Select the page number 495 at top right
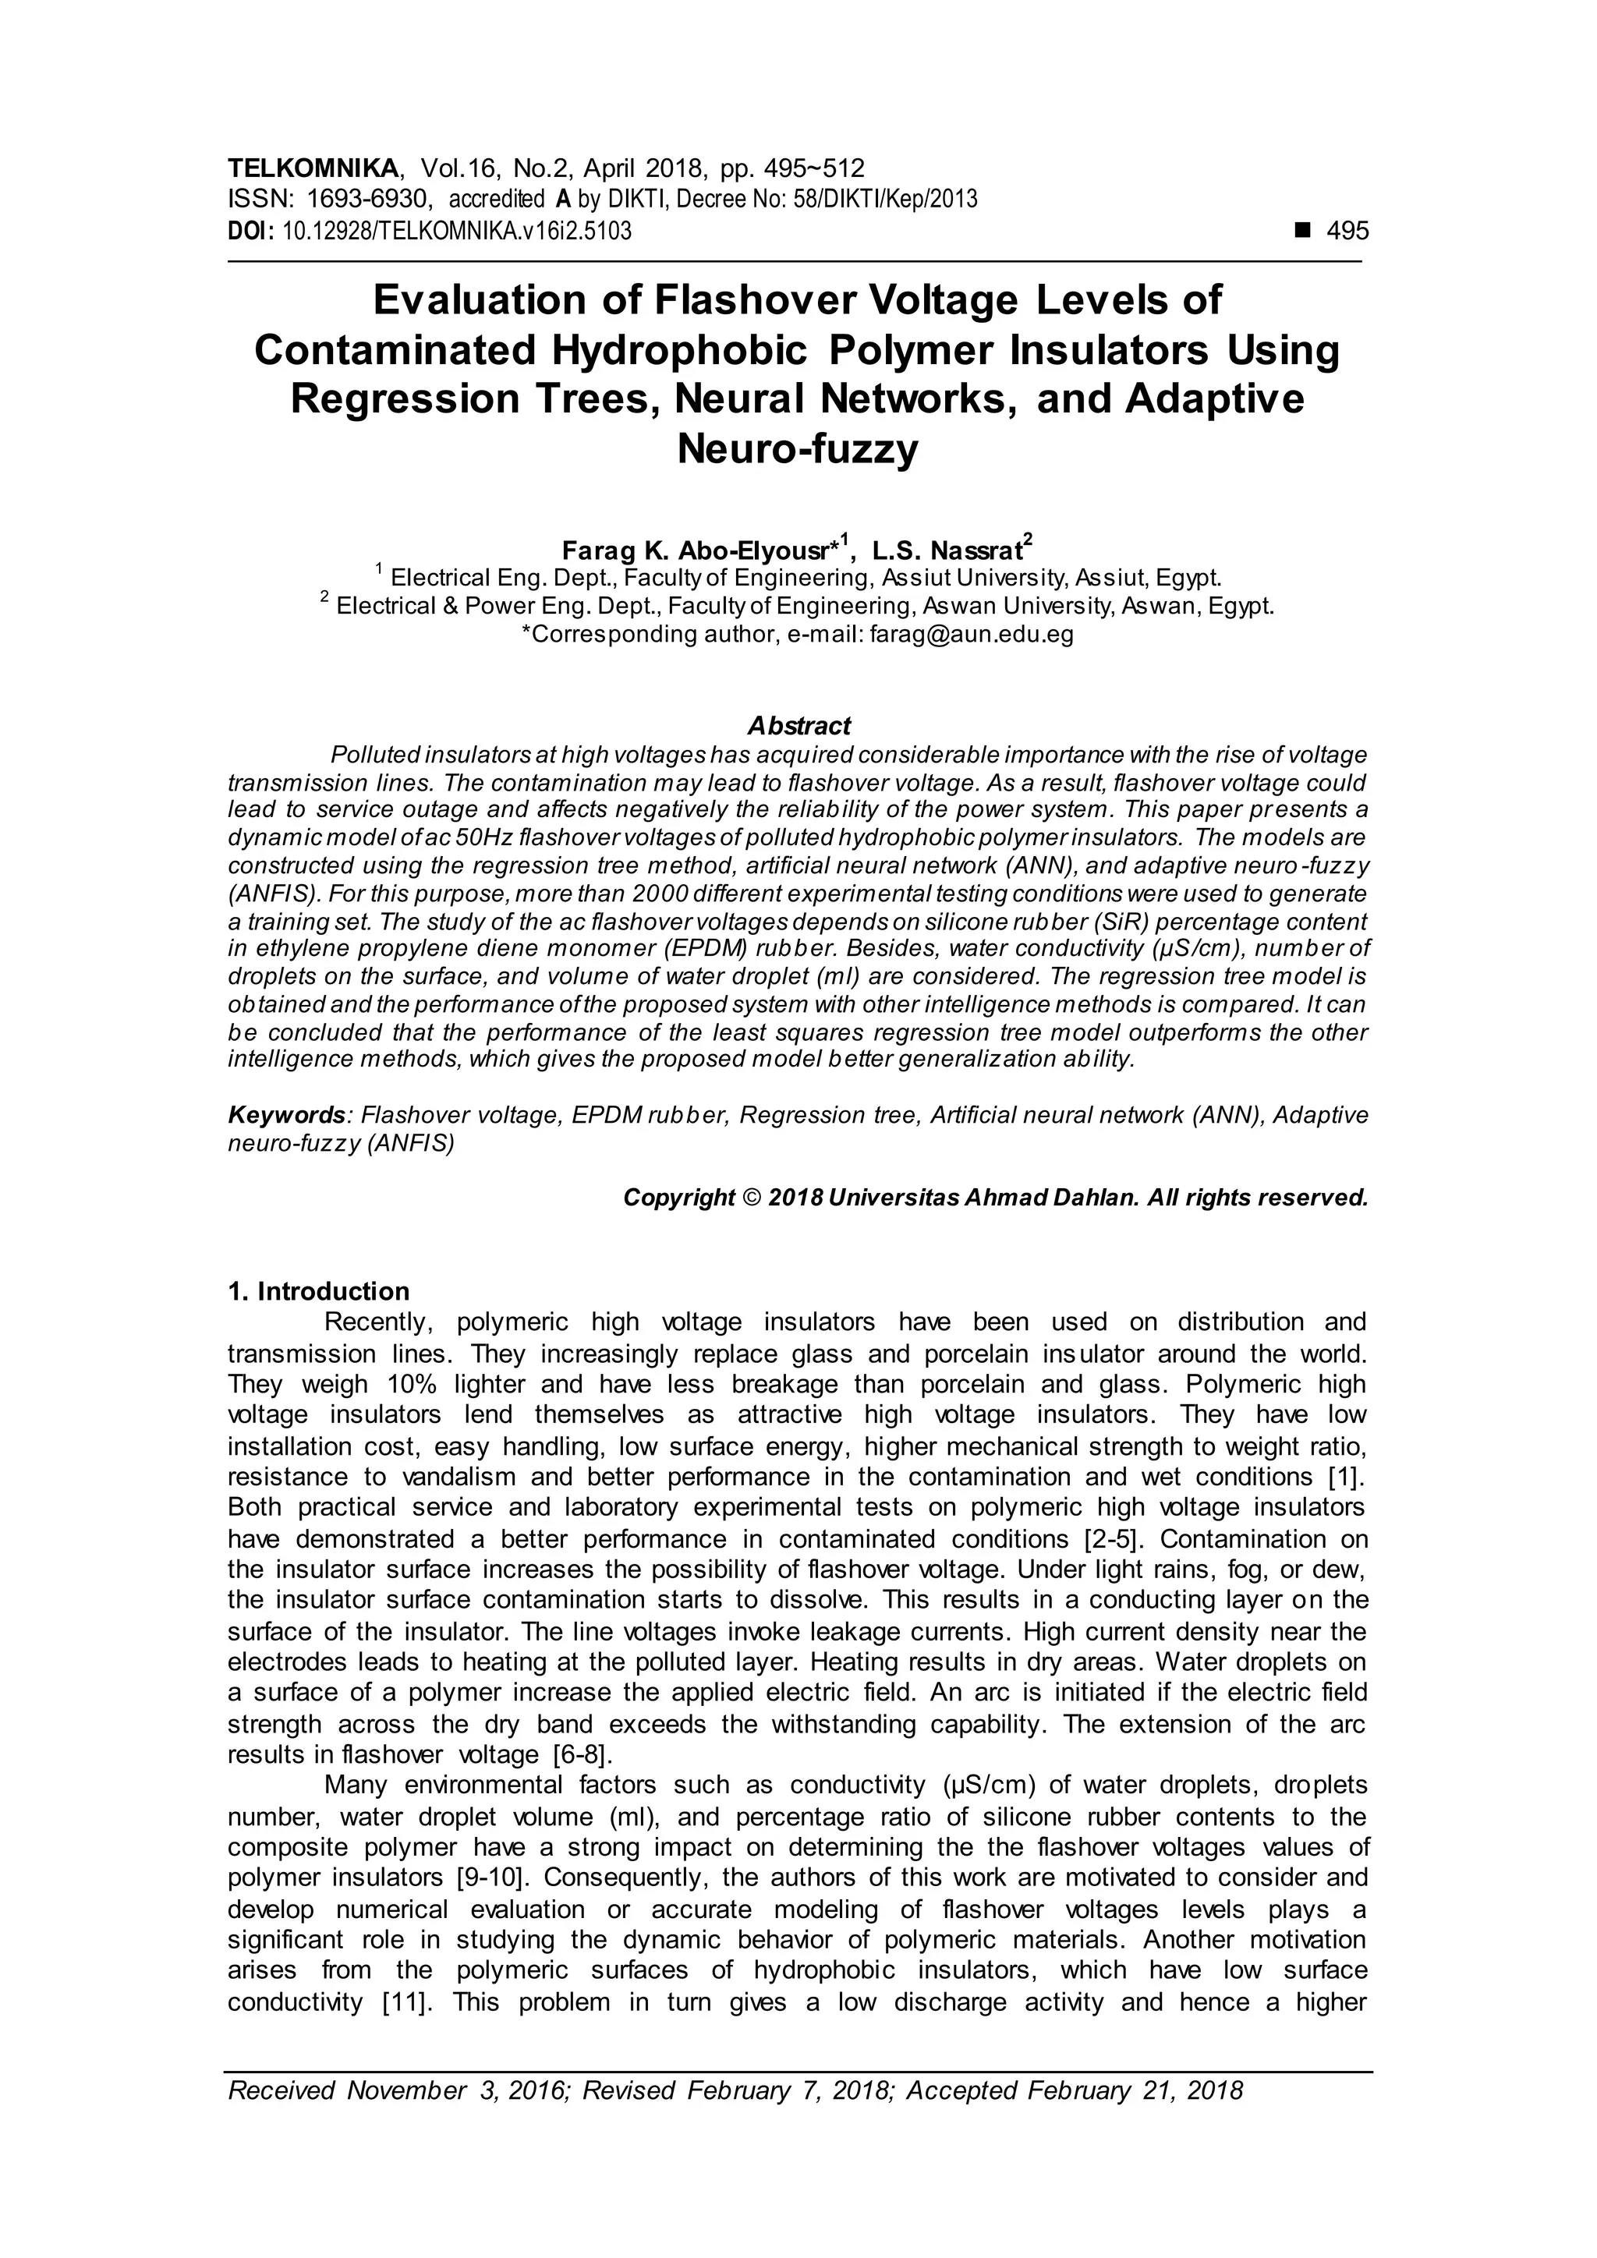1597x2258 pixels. (x=1347, y=231)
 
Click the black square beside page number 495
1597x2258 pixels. (x=1303, y=231)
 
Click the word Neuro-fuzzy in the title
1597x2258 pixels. (x=798, y=449)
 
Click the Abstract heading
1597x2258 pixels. (x=798, y=726)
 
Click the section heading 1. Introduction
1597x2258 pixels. (x=319, y=1291)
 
